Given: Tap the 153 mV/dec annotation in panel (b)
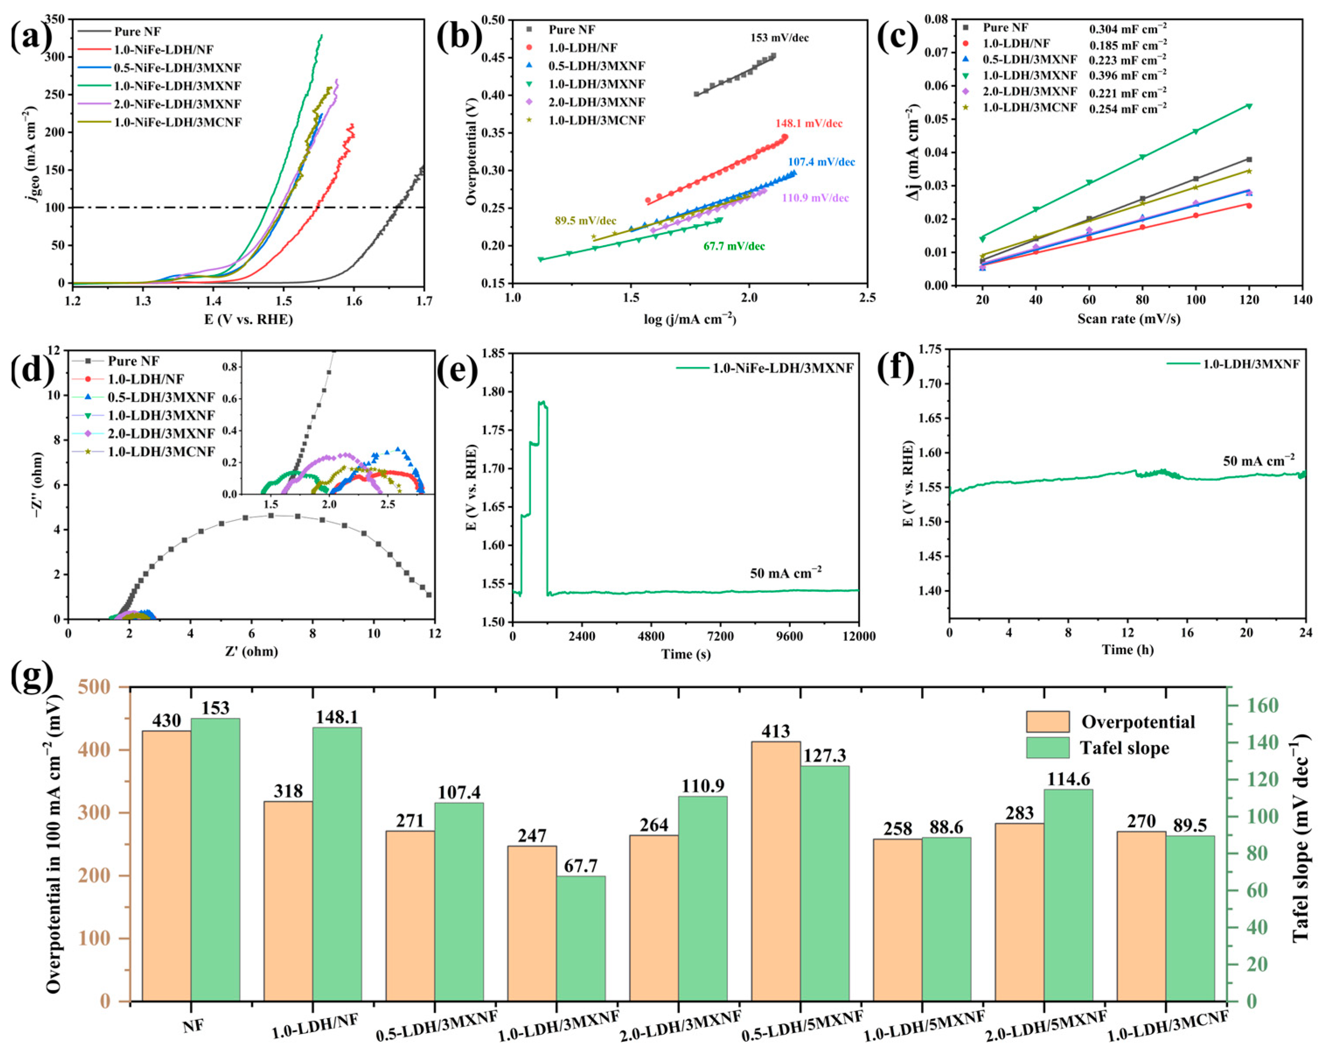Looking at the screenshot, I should [779, 38].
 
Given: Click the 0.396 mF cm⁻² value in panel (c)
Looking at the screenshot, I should [1128, 75].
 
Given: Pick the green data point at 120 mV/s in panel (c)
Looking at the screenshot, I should [1249, 106].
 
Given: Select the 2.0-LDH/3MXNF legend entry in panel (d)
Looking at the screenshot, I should [161, 434].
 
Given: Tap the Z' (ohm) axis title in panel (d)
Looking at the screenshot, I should [251, 651].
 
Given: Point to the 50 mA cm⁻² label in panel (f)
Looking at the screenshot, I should [1258, 460].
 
